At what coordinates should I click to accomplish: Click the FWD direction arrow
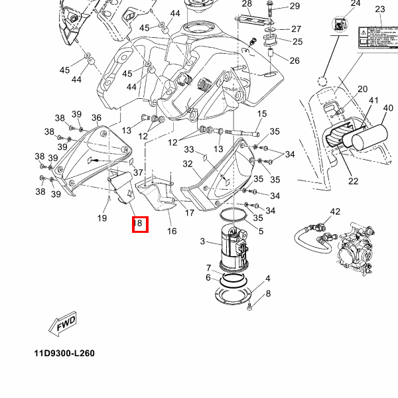point(60,324)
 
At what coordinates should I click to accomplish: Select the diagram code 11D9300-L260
point(64,353)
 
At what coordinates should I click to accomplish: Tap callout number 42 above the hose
point(335,212)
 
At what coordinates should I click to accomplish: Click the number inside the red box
point(139,224)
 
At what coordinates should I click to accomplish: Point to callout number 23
point(379,9)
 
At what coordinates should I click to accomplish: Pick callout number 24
point(356,3)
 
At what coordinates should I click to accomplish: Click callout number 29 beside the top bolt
point(295,7)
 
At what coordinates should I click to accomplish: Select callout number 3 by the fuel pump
point(203,242)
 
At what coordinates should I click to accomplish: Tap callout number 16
point(172,231)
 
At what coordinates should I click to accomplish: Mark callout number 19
point(102,218)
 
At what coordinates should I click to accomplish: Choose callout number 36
point(96,118)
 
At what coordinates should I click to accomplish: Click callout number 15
point(261,114)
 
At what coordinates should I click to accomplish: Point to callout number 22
point(353,181)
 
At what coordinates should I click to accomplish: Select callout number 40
point(388,107)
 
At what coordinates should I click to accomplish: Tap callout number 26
point(295,60)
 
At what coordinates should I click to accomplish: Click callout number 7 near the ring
point(208,267)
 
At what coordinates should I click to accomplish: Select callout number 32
point(188,164)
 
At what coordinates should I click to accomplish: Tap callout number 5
point(261,232)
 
